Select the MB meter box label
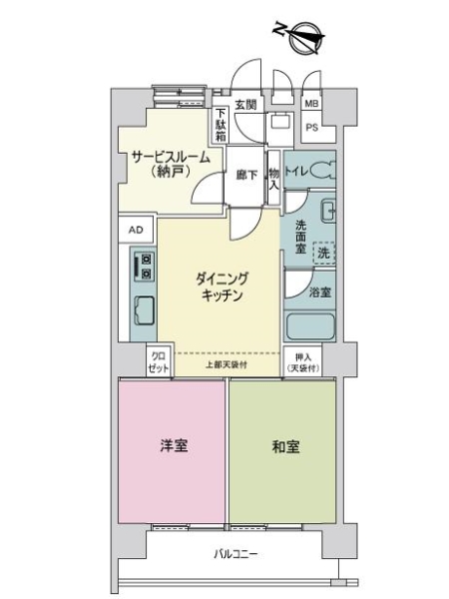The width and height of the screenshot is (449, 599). coord(311,104)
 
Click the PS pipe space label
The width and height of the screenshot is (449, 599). coord(311,127)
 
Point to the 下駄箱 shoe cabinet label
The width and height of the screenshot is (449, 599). coord(221,124)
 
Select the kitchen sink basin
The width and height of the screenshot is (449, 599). coord(144,312)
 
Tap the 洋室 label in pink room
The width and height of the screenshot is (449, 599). coord(172,447)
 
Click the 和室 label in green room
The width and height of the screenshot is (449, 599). coord(282,447)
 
